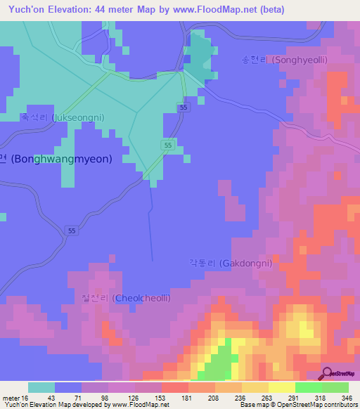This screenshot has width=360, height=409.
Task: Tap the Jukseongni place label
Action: pos(62,118)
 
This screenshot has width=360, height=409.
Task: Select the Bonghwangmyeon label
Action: pos(56,159)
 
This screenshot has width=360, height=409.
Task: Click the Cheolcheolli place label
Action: pos(126,299)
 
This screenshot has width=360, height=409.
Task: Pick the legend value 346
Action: pos(347,398)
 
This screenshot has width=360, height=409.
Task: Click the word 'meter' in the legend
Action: pos(12,398)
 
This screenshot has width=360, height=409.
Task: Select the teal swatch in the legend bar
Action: pos(41,387)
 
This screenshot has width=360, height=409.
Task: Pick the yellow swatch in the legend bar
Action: pos(281,387)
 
